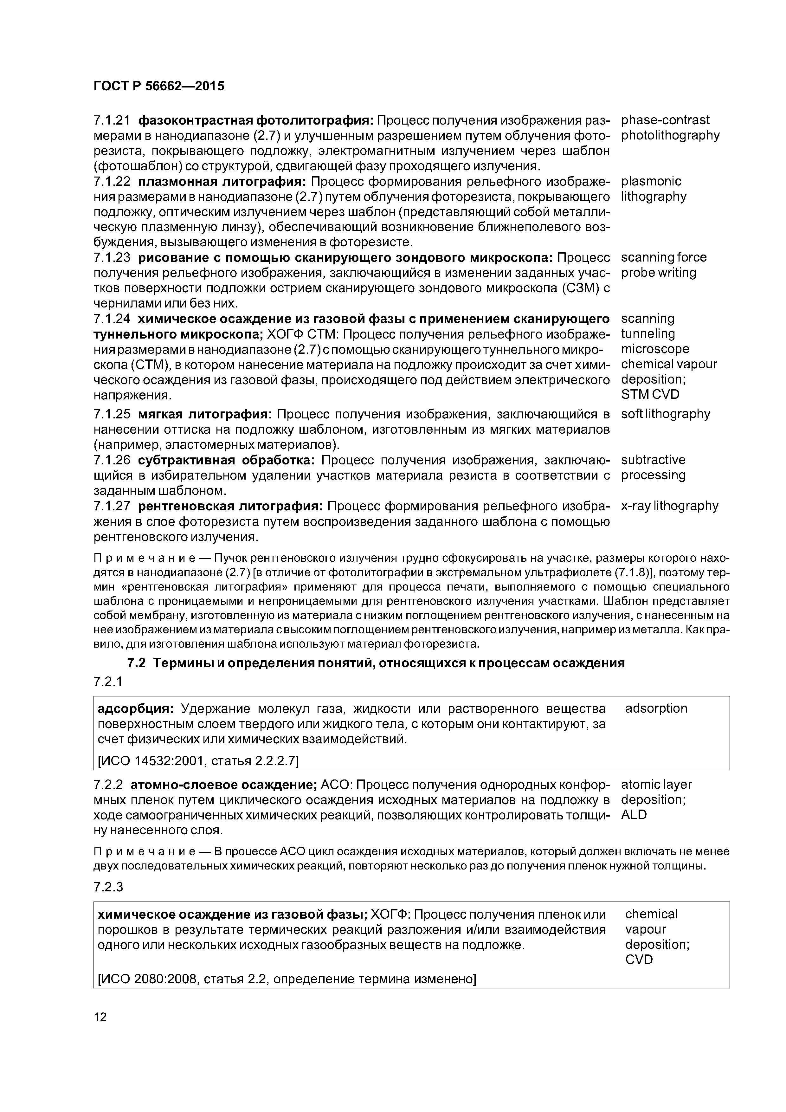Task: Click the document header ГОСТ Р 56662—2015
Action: point(159,86)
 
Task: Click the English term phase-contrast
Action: point(665,120)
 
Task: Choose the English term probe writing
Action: point(658,273)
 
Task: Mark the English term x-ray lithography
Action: point(669,506)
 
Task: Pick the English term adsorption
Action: point(656,708)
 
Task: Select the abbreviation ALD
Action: point(634,815)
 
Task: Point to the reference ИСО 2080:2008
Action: point(145,979)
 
